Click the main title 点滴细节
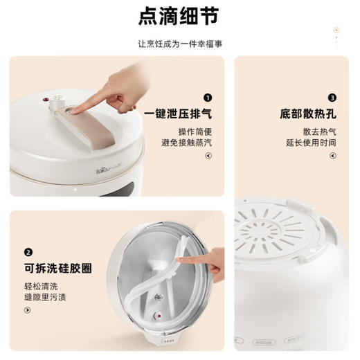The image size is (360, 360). [179, 17]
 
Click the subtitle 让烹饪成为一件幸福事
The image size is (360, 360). [179, 44]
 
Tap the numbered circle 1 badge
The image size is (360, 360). [208, 99]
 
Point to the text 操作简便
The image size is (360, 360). [195, 132]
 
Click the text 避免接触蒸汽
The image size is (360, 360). [187, 143]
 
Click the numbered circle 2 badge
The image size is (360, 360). [28, 253]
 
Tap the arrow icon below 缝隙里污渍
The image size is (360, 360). [26, 312]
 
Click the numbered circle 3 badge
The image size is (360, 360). [332, 99]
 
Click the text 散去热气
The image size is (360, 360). [319, 132]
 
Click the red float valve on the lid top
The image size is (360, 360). [50, 100]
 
